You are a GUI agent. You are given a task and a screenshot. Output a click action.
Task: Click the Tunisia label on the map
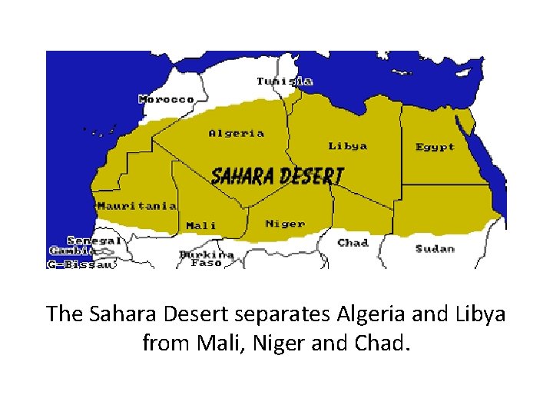pos(284,81)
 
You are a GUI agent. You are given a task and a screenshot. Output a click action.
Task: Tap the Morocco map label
pos(167,99)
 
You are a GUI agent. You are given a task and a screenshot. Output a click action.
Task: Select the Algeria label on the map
pos(237,133)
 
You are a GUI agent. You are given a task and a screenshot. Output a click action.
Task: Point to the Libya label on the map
pos(348,146)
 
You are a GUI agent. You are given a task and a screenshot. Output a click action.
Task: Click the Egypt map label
pos(435,147)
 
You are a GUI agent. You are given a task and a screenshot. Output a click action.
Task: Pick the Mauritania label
pos(137,206)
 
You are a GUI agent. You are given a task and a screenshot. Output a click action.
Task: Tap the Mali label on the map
pos(201,226)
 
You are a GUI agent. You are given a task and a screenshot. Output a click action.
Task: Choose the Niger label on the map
pos(285,224)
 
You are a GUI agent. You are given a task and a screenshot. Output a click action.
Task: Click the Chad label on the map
pos(353,243)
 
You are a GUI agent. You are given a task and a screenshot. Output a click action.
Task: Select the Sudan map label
pos(435,248)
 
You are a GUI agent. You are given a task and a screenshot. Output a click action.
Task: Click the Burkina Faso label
pos(206,258)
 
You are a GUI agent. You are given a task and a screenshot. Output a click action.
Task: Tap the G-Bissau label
pos(81,264)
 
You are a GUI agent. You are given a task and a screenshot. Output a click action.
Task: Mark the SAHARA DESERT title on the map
pos(277,176)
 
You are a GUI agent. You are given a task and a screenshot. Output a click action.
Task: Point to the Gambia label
pos(71,251)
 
